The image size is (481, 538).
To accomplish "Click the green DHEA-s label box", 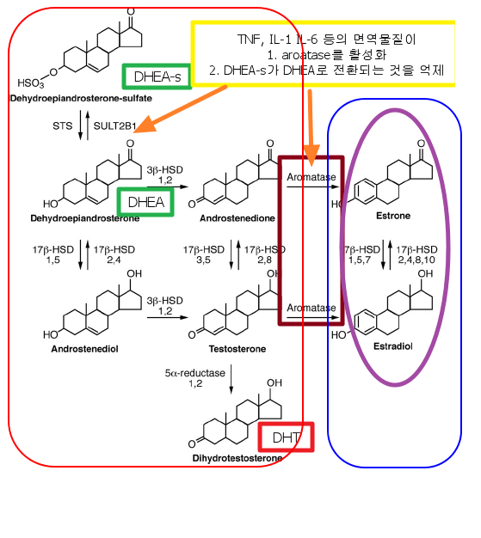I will click(x=156, y=76).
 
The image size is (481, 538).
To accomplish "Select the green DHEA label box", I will click(x=145, y=202).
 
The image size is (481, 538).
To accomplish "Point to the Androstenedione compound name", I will click(x=237, y=218).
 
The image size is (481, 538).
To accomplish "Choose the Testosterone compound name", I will click(x=237, y=349).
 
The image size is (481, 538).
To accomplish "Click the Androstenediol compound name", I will click(x=85, y=349).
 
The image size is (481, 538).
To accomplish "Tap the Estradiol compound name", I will click(x=394, y=345).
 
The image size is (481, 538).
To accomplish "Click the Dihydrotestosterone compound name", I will click(x=238, y=458).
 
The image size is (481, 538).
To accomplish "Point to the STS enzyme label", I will click(x=62, y=126).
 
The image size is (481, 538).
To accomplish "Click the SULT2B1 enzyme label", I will click(x=114, y=126).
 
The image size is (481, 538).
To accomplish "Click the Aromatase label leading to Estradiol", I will click(x=311, y=307).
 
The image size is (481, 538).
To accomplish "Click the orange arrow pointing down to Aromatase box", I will click(x=311, y=129).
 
